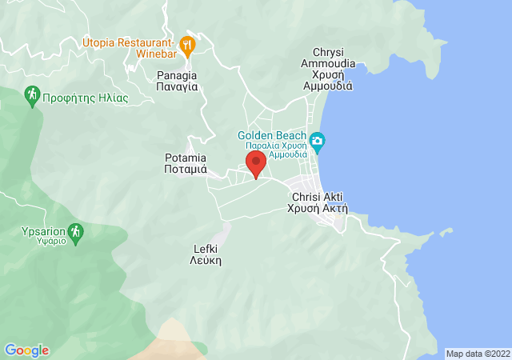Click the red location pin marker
tap(256, 163)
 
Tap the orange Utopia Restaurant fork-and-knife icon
tap(187, 45)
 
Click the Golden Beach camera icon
tap(317, 142)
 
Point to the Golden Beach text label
tap(272, 135)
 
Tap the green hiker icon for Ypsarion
tap(75, 233)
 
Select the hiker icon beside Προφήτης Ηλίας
tap(32, 97)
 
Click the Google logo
tap(26, 350)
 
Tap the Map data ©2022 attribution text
tap(476, 354)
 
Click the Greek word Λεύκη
tap(206, 261)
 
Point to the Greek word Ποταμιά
tap(185, 170)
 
